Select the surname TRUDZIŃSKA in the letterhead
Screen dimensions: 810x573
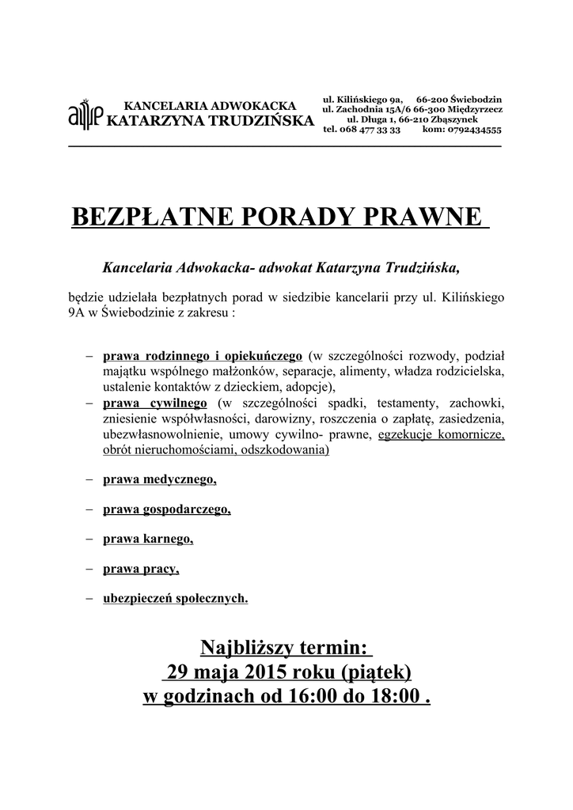tap(252, 120)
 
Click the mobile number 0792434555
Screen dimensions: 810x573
tap(472, 129)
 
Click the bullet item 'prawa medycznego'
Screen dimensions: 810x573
tap(159, 479)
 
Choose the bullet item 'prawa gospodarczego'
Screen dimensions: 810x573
tap(166, 509)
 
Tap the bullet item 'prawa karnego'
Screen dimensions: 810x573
tap(148, 539)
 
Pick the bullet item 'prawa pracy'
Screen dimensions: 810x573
tap(141, 569)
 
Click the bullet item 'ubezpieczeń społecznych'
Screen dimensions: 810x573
tap(175, 598)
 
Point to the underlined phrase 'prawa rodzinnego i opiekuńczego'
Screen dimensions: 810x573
tap(203, 355)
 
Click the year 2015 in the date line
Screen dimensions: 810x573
tap(266, 673)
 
